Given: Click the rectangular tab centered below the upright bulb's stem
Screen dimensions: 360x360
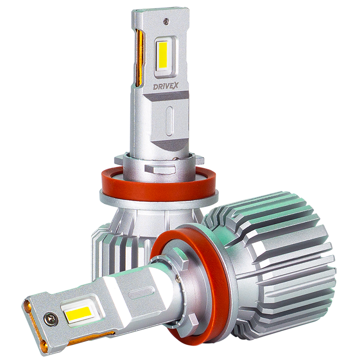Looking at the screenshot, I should click(157, 170).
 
